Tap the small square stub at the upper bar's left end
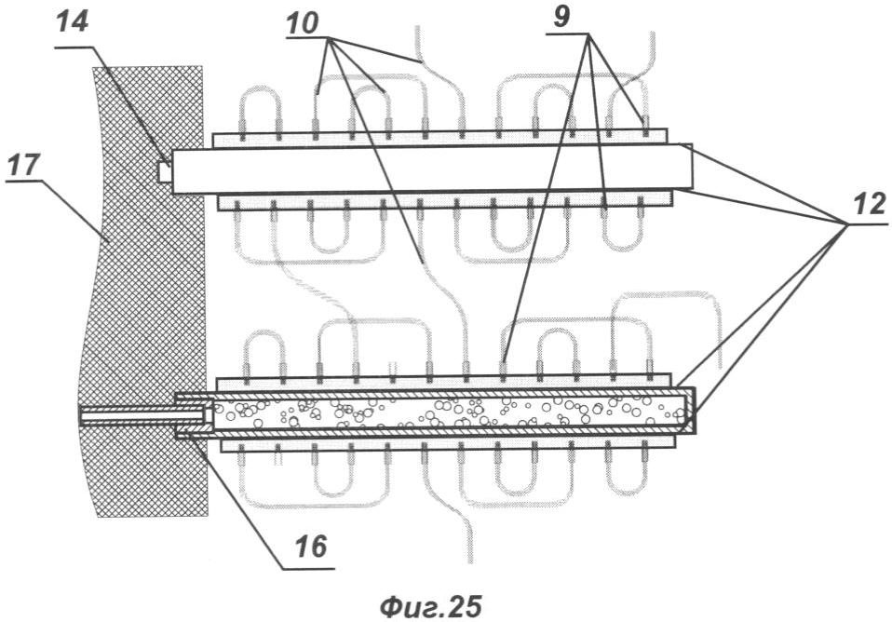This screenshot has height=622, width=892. click(x=165, y=172)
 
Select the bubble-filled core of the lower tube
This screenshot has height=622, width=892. click(x=447, y=411)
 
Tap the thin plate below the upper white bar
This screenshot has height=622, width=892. click(x=445, y=200)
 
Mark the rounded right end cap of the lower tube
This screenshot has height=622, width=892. click(x=690, y=411)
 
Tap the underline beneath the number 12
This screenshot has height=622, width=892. click(x=862, y=222)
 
